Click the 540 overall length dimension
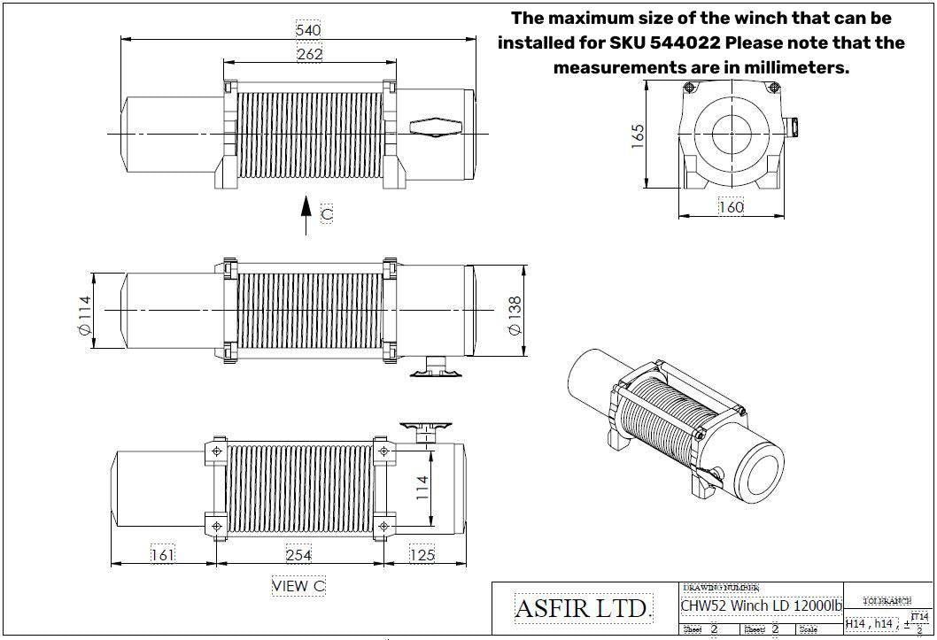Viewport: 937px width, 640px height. pyautogui.click(x=308, y=30)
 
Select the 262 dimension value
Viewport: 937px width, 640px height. pyautogui.click(x=309, y=54)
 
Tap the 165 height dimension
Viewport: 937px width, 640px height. pyautogui.click(x=638, y=135)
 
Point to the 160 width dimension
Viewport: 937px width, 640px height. pyautogui.click(x=731, y=207)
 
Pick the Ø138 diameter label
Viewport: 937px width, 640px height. pyautogui.click(x=514, y=314)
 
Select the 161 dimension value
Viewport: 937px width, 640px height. pyautogui.click(x=162, y=555)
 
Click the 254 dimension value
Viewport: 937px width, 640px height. pyautogui.click(x=298, y=555)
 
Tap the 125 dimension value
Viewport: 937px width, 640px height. pyautogui.click(x=422, y=555)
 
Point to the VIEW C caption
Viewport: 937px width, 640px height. pyautogui.click(x=298, y=586)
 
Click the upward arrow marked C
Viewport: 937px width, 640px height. pyautogui.click(x=306, y=215)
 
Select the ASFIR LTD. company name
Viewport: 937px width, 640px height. pyautogui.click(x=583, y=609)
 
